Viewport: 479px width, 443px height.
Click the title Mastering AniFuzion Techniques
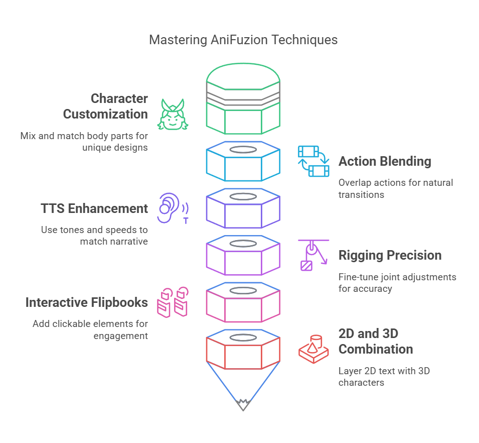(243, 40)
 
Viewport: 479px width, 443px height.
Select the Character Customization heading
(105, 106)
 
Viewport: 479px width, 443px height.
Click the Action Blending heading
(385, 161)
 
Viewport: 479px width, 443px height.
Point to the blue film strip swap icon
(313, 161)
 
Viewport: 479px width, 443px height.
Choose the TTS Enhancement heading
(94, 208)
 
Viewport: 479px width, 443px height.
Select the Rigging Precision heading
(390, 255)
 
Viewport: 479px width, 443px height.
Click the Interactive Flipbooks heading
(87, 302)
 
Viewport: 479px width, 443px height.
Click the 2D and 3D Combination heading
(376, 341)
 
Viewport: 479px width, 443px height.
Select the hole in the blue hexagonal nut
(243, 150)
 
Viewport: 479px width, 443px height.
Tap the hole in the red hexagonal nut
(243, 338)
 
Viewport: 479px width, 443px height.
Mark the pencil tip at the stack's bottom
(243, 404)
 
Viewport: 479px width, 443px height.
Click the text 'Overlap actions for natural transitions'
(395, 188)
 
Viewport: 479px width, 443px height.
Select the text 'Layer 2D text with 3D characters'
(384, 377)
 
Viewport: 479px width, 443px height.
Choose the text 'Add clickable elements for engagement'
(90, 329)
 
